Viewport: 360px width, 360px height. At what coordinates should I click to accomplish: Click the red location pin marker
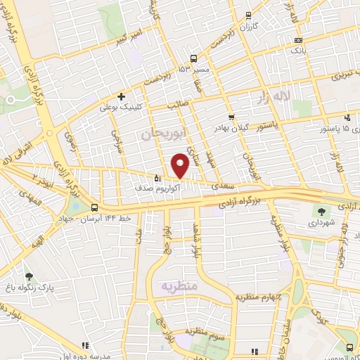181,165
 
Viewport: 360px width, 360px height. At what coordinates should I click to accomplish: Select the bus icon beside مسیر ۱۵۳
194,58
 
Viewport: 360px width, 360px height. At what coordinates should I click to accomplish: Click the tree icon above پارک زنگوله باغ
29,276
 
